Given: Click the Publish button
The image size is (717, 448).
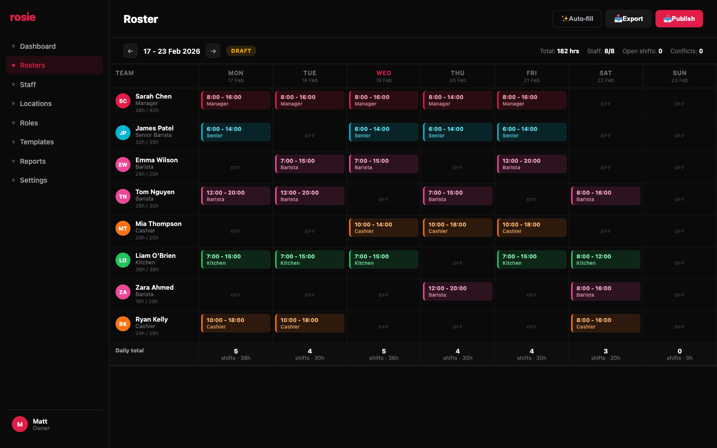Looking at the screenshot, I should pyautogui.click(x=679, y=19).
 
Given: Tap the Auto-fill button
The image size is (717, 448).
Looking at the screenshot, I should pyautogui.click(x=577, y=19).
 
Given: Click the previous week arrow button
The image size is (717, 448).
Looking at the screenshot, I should pyautogui.click(x=130, y=51).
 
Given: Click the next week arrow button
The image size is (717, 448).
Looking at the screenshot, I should pyautogui.click(x=213, y=51).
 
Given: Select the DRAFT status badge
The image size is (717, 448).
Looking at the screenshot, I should pyautogui.click(x=241, y=51).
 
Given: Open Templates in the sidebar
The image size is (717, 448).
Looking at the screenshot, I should pyautogui.click(x=37, y=142).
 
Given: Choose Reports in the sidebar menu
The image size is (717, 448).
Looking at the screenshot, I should pyautogui.click(x=33, y=161).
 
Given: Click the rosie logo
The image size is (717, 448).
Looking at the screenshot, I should pyautogui.click(x=23, y=17).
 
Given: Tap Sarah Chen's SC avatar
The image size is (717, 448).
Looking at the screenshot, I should pyautogui.click(x=123, y=101).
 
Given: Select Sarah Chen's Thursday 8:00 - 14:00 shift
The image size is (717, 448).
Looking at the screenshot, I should pyautogui.click(x=458, y=100).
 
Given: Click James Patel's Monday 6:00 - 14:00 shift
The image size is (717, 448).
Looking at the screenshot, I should pyautogui.click(x=236, y=132).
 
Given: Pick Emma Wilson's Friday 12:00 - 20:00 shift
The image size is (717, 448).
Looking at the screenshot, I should pyautogui.click(x=532, y=164).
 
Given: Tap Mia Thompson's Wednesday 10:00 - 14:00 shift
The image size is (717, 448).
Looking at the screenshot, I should pyautogui.click(x=384, y=227).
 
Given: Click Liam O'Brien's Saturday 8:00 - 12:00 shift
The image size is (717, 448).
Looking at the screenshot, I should pyautogui.click(x=605, y=259).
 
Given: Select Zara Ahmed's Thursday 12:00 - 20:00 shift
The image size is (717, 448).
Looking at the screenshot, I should pyautogui.click(x=458, y=291).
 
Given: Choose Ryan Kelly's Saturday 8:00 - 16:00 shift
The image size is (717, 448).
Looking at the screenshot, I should pyautogui.click(x=605, y=323).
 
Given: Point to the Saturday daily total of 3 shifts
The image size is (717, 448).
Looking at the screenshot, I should pyautogui.click(x=605, y=354).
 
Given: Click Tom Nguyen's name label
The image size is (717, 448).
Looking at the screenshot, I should pyautogui.click(x=155, y=192).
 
